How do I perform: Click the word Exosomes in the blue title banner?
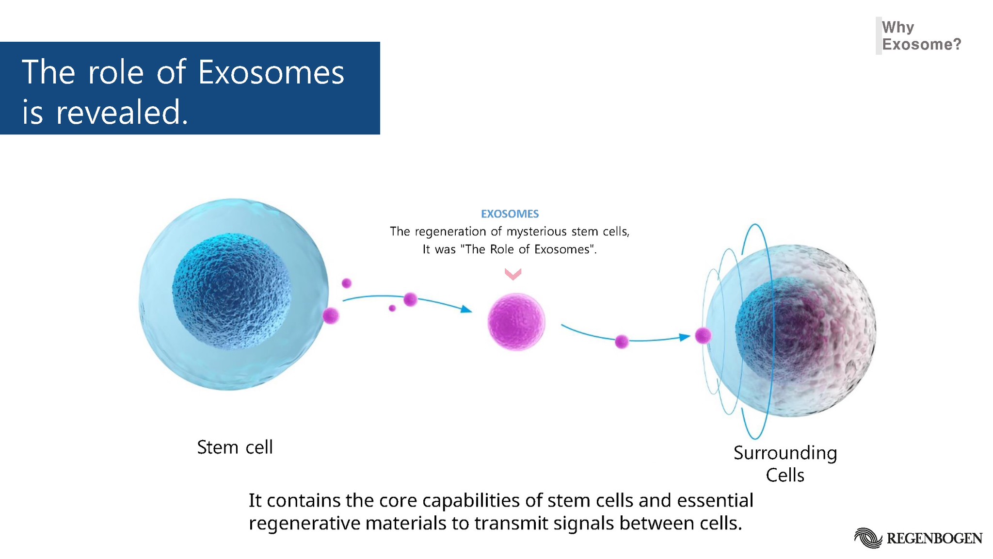pyautogui.click(x=271, y=73)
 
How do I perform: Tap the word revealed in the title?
pyautogui.click(x=121, y=113)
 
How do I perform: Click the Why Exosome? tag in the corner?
pyautogui.click(x=920, y=36)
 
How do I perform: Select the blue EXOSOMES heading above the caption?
pyautogui.click(x=510, y=214)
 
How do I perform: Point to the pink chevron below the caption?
pyautogui.click(x=513, y=274)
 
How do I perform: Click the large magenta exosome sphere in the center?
pyautogui.click(x=516, y=321)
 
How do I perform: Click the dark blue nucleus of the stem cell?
pyautogui.click(x=232, y=291)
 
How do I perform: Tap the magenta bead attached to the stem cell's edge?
pyautogui.click(x=331, y=316)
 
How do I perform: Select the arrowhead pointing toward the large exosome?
pyautogui.click(x=466, y=309)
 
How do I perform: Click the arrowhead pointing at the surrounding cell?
pyautogui.click(x=685, y=337)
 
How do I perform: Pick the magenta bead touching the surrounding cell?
pyautogui.click(x=703, y=335)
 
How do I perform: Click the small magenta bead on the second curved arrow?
pyautogui.click(x=622, y=342)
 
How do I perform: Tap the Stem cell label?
pyautogui.click(x=235, y=447)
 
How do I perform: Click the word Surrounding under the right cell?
pyautogui.click(x=785, y=453)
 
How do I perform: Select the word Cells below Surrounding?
pyautogui.click(x=785, y=475)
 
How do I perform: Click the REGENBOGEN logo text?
pyautogui.click(x=934, y=539)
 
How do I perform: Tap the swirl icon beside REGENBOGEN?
pyautogui.click(x=868, y=538)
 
